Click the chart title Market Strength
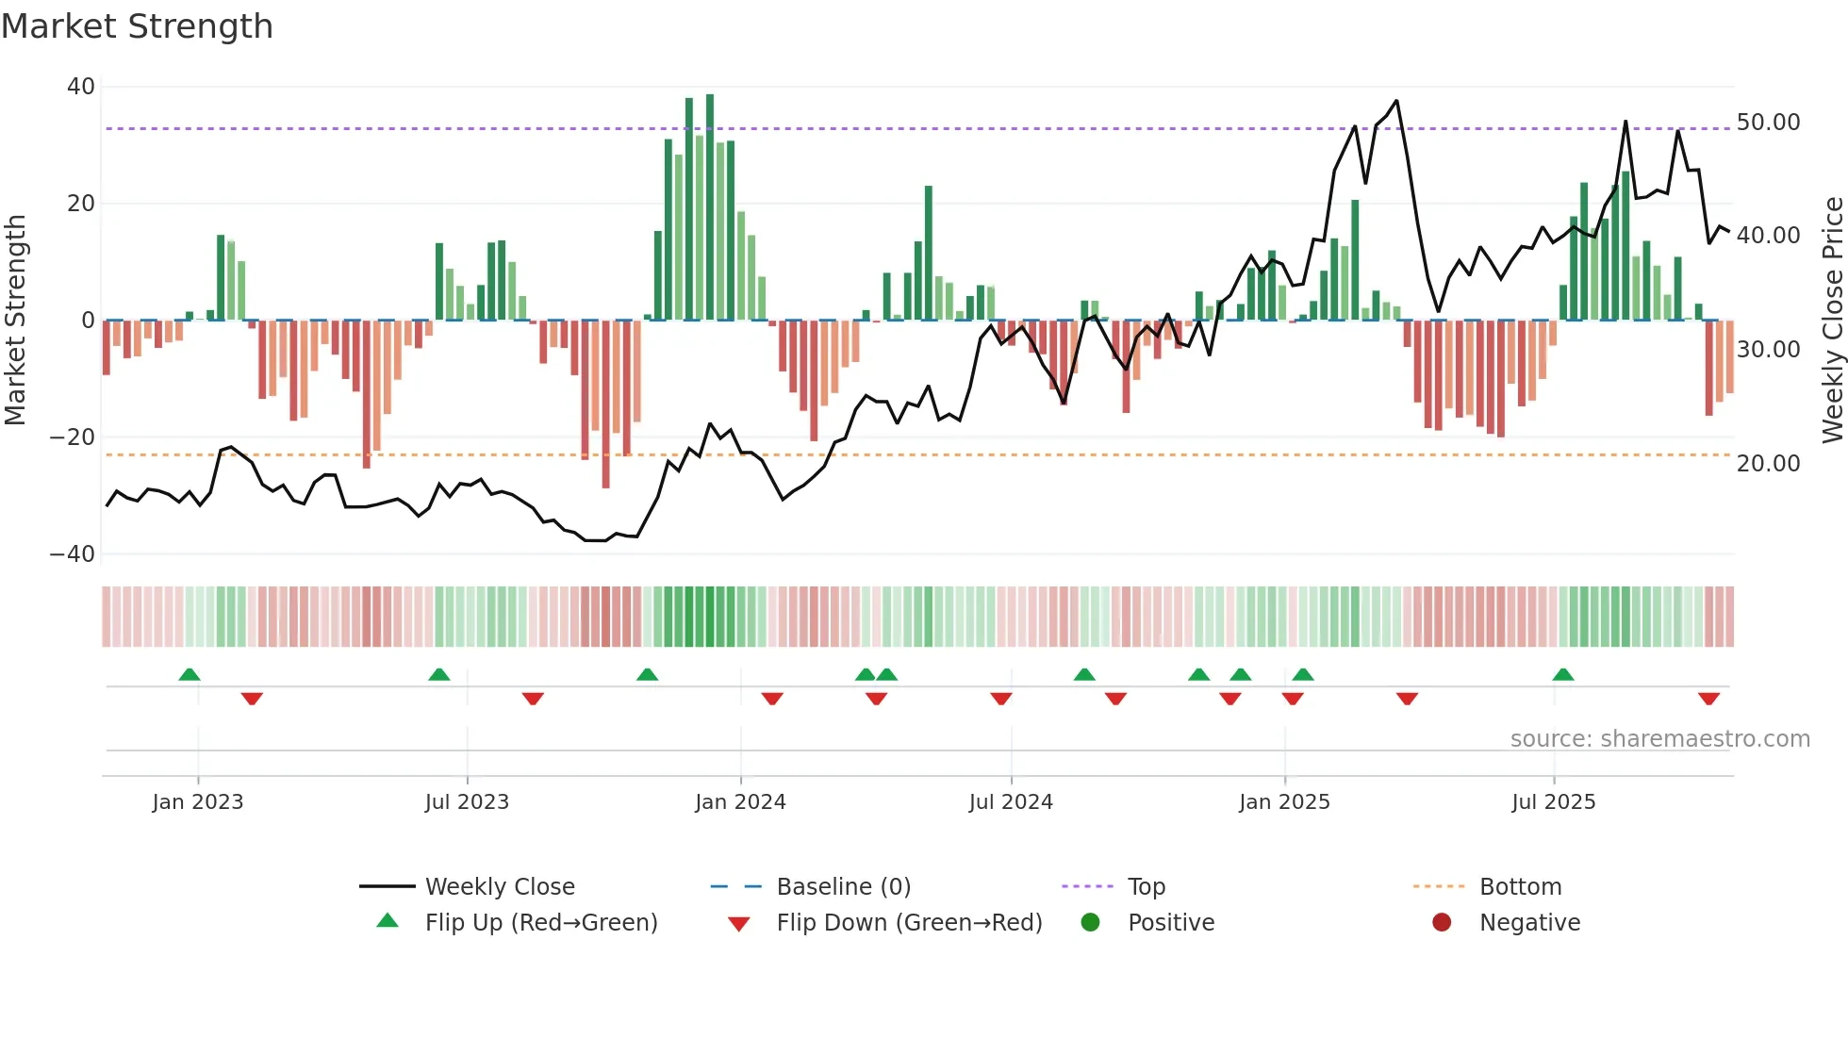point(137,26)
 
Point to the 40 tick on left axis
point(81,87)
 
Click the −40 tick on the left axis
point(73,554)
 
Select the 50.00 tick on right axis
point(1768,123)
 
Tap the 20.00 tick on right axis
point(1768,464)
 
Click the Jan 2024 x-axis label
point(740,802)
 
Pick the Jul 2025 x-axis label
point(1553,802)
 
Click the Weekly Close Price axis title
point(1832,321)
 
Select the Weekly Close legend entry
point(499,887)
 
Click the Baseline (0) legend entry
point(843,887)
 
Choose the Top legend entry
point(1147,887)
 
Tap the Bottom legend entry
point(1520,887)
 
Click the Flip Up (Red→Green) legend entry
point(540,923)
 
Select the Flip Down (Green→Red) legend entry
point(909,923)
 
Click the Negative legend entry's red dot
point(1442,923)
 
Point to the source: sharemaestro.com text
point(1659,739)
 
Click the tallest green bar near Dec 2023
point(710,207)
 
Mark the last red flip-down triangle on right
point(1708,699)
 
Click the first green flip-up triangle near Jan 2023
point(190,674)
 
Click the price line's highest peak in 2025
point(1396,101)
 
